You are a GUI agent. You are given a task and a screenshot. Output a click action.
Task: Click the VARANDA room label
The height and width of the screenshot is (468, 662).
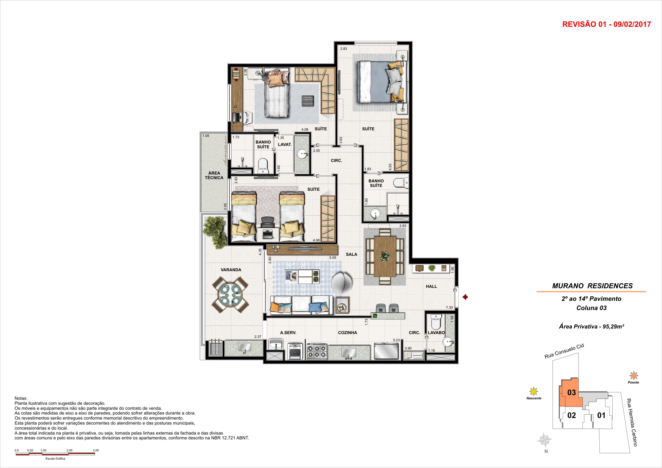tap(231, 270)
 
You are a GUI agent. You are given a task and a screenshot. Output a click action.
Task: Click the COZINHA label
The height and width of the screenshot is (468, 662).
tap(348, 332)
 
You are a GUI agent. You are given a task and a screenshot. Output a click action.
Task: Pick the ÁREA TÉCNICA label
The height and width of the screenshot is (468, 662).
tap(214, 175)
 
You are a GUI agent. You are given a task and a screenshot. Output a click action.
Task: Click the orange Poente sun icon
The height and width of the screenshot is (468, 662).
tap(633, 376)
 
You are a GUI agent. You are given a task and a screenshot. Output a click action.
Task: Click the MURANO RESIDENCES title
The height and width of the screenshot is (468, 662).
tap(592, 286)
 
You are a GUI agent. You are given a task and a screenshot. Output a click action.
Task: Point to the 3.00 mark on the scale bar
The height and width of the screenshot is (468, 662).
tap(96, 450)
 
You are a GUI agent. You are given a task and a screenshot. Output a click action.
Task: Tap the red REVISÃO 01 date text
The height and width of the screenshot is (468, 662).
tap(607, 24)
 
